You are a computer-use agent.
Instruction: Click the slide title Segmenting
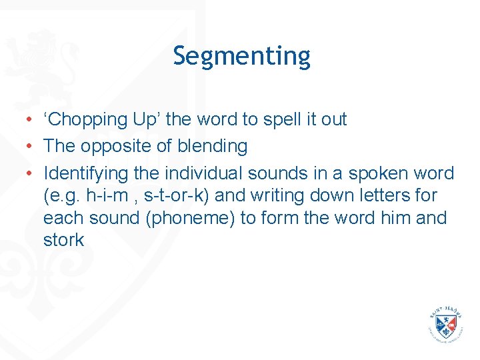[241, 56]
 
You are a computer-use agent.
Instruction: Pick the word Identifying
[85, 174]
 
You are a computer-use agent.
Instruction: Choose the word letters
[387, 196]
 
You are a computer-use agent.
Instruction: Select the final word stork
[63, 240]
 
